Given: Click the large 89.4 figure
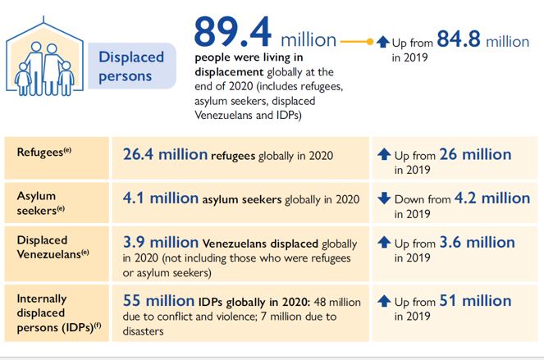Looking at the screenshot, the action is [x=232, y=32].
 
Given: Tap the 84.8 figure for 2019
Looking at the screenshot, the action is [x=459, y=39].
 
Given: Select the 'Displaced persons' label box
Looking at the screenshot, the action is [x=132, y=66].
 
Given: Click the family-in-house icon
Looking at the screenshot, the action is [x=44, y=57].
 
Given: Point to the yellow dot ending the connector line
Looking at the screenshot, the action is [x=370, y=42].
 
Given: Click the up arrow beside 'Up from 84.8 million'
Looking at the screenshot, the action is [x=383, y=42].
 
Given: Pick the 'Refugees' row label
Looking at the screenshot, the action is [x=44, y=152].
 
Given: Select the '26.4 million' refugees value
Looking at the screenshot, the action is [x=165, y=154].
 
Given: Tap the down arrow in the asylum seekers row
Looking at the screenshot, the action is [x=384, y=198].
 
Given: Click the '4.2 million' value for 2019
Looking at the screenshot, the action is [x=492, y=198].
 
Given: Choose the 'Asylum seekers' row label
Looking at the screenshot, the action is [x=41, y=203].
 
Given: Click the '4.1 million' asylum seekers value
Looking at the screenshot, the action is [x=161, y=198].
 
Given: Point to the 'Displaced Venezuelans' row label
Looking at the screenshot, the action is [x=53, y=247].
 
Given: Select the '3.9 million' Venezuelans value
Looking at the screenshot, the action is [x=161, y=242].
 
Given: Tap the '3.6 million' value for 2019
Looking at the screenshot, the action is [x=477, y=242].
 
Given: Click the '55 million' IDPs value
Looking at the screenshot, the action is [x=158, y=300].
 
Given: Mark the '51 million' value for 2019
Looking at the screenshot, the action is [x=475, y=300].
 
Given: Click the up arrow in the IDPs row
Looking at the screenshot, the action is [x=384, y=301].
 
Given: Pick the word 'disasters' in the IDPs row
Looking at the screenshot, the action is [x=143, y=331].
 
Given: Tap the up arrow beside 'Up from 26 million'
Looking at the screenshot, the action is [x=384, y=154].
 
